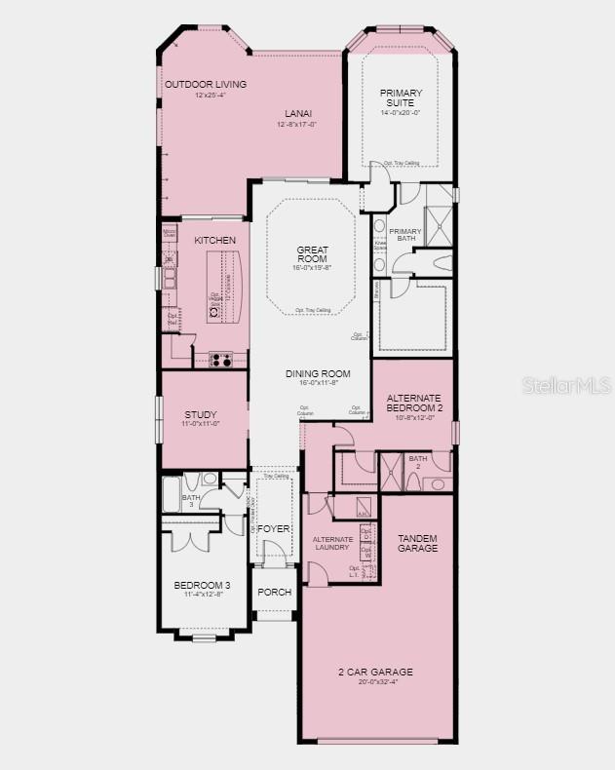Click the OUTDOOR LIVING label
206,85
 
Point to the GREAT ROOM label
306,254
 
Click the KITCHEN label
214,240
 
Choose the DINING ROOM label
311,373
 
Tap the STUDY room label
201,415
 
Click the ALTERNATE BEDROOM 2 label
414,403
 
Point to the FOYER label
274,528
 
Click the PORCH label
274,592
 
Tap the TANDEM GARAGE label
417,543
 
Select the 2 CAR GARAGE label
376,672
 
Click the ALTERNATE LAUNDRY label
331,543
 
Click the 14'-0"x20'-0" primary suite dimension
401,113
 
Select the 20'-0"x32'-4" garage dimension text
376,682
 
